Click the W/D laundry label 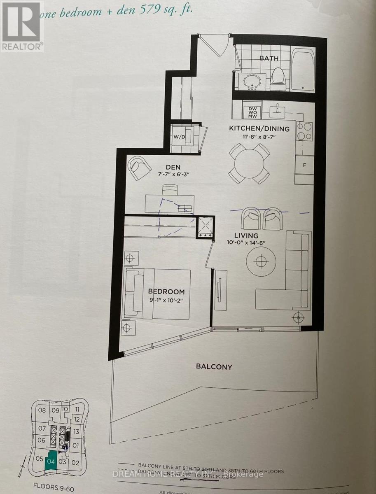(x=179, y=136)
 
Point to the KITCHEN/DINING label (x=259, y=129)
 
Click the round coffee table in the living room (x=261, y=261)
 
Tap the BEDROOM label (x=166, y=291)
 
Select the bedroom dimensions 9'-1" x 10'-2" (x=166, y=300)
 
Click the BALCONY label (x=214, y=366)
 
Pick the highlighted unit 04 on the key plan (x=51, y=462)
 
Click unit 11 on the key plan (x=77, y=410)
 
